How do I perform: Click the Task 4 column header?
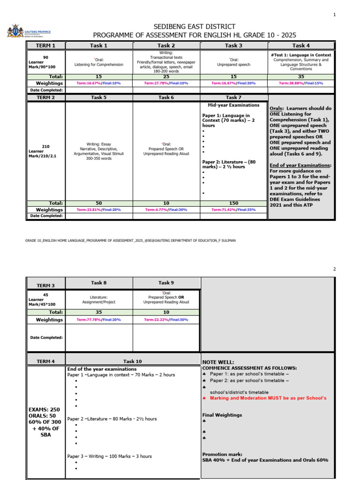click(301, 45)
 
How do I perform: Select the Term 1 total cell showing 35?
click(301, 76)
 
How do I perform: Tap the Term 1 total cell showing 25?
click(166, 76)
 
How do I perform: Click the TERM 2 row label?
click(46, 97)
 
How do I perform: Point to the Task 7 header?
click(233, 97)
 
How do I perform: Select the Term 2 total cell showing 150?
click(233, 203)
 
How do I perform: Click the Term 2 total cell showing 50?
click(99, 203)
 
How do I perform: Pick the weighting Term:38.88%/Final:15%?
click(301, 83)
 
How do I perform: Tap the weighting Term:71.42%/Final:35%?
click(233, 210)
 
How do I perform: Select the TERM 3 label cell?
click(46, 285)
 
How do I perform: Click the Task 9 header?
click(166, 283)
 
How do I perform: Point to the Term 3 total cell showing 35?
click(99, 312)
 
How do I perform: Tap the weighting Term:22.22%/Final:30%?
click(166, 320)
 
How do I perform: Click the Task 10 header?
click(132, 361)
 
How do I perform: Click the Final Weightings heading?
click(222, 415)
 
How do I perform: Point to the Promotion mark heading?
click(222, 454)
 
